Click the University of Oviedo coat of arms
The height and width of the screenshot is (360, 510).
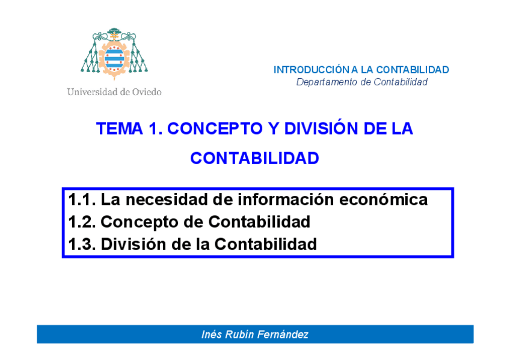[x=114, y=54]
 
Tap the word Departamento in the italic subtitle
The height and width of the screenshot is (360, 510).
[x=327, y=82]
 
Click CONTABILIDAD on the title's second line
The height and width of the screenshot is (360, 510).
[x=254, y=159]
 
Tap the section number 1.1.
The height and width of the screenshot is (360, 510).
[x=82, y=200]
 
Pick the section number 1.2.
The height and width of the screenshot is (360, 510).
[x=82, y=222]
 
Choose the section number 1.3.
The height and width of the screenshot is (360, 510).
[x=82, y=245]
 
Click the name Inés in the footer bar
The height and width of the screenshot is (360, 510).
[x=212, y=335]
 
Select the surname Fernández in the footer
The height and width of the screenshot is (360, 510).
[x=285, y=335]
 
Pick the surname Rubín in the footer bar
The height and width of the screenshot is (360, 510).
[x=241, y=335]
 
